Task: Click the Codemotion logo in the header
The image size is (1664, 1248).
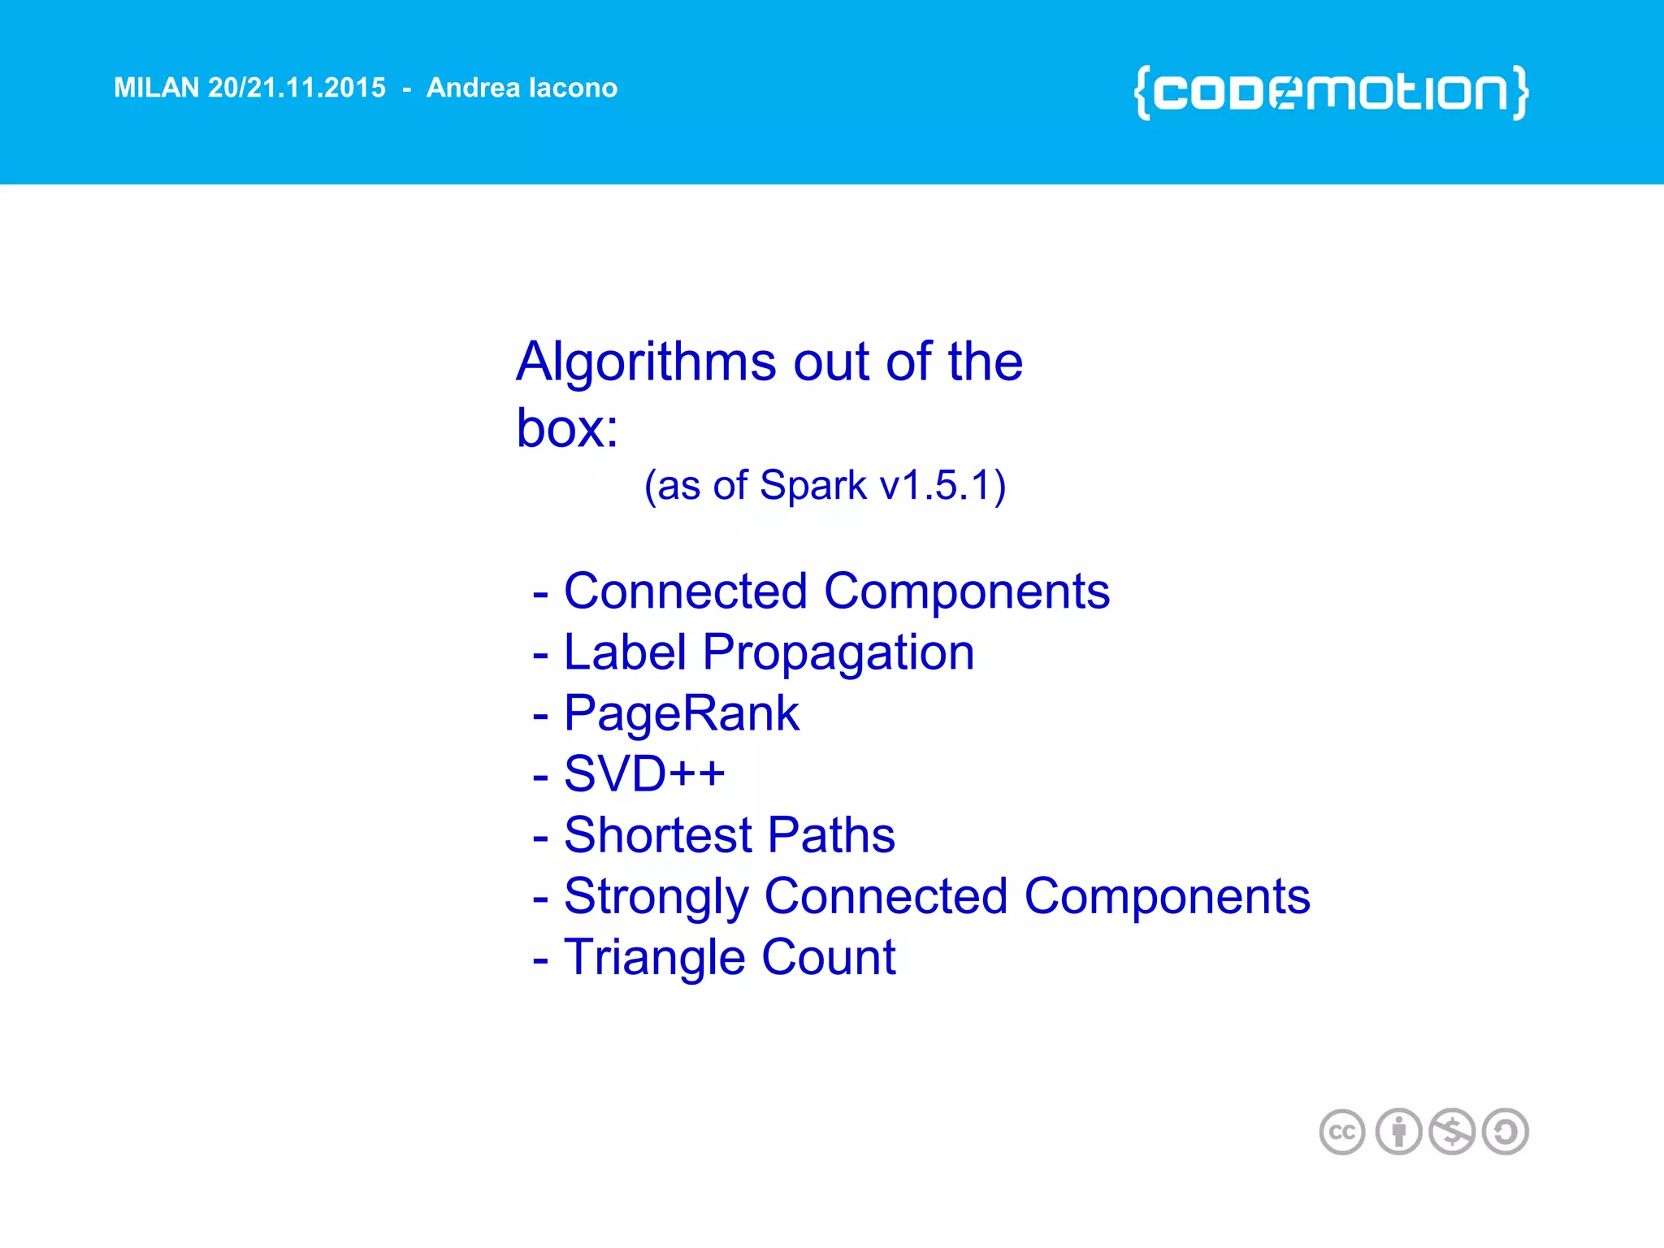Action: click(1331, 93)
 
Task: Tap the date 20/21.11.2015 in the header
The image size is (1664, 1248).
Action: click(297, 88)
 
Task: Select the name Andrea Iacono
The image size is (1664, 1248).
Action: click(522, 88)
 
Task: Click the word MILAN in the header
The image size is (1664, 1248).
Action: click(156, 88)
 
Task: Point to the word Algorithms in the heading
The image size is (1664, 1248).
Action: click(646, 362)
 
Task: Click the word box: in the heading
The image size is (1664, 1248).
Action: click(567, 427)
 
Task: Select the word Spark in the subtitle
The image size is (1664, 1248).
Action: click(812, 486)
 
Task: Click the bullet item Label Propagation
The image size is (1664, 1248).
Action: click(768, 652)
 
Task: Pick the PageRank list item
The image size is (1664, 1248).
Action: click(681, 713)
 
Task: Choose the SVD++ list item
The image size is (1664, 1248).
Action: click(643, 773)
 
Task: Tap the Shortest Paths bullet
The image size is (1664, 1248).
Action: click(729, 835)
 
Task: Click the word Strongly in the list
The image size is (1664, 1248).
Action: click(656, 897)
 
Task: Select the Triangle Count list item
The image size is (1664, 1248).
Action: click(729, 957)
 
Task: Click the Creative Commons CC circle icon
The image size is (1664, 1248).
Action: click(1342, 1132)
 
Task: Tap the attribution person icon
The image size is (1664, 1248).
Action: click(1398, 1132)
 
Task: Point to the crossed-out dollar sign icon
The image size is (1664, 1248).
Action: click(1452, 1132)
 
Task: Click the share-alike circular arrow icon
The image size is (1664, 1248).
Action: click(1506, 1132)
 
